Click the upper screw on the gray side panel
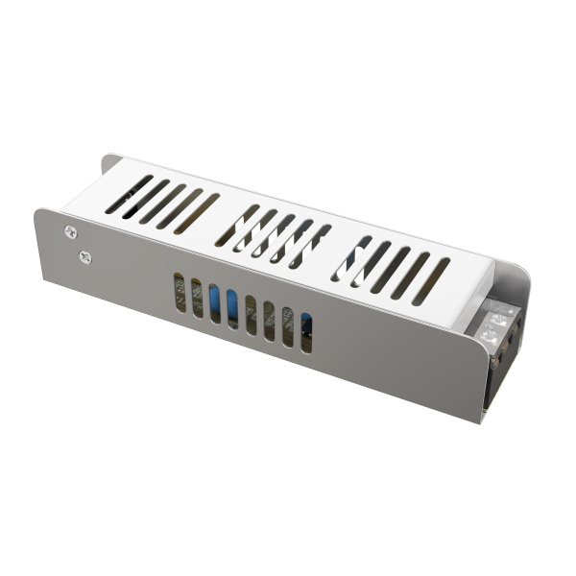click(x=70, y=230)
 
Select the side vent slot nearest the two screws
click(x=179, y=292)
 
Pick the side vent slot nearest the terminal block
click(x=306, y=332)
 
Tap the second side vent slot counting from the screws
click(x=196, y=298)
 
